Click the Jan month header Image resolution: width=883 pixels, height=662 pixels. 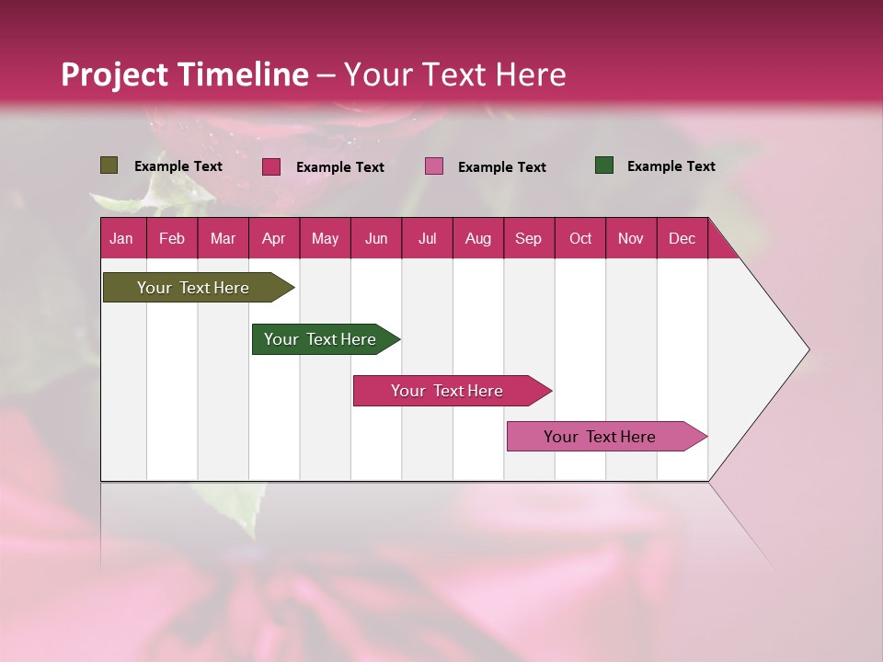pyautogui.click(x=121, y=238)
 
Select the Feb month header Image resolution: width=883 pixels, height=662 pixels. pyautogui.click(x=172, y=238)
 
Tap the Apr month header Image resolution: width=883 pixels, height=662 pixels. pyautogui.click(x=274, y=238)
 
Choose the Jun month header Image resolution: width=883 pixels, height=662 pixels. pyautogui.click(x=376, y=238)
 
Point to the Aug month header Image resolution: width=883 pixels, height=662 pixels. pyautogui.click(x=478, y=238)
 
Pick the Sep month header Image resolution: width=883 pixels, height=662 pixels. pyautogui.click(x=529, y=238)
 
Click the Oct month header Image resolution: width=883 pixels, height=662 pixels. pyautogui.click(x=580, y=238)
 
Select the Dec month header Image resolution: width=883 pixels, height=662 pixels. pyautogui.click(x=682, y=238)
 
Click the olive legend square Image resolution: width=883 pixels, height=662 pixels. pyautogui.click(x=109, y=165)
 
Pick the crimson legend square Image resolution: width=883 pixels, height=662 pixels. pyautogui.click(x=271, y=166)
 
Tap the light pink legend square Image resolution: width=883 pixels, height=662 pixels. pyautogui.click(x=434, y=166)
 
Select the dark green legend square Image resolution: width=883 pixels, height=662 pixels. pyautogui.click(x=604, y=165)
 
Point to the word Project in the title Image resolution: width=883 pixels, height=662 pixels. pyautogui.click(x=115, y=74)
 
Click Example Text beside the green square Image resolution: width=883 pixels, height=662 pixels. pyautogui.click(x=671, y=166)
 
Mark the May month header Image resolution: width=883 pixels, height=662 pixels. pyautogui.click(x=325, y=238)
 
